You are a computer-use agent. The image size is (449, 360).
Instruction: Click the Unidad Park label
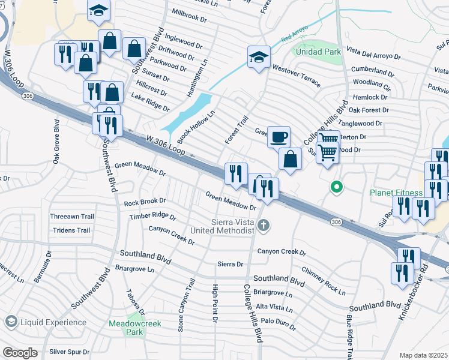click(x=316, y=52)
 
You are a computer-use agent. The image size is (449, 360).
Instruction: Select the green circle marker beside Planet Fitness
click(x=337, y=187)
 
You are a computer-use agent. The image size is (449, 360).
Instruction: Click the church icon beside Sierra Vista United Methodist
click(x=263, y=226)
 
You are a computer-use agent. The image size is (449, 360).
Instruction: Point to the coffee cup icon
click(x=279, y=137)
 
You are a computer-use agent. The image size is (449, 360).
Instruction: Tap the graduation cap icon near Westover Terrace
click(x=259, y=57)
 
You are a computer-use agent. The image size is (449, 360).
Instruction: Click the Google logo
click(x=20, y=353)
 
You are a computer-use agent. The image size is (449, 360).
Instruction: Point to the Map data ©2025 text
click(x=423, y=355)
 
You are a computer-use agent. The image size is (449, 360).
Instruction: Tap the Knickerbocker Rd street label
click(x=414, y=294)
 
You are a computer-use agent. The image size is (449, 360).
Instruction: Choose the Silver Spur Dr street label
click(x=69, y=352)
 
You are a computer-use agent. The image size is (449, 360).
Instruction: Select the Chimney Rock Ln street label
click(x=324, y=281)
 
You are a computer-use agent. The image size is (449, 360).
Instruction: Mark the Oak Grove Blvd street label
click(x=56, y=142)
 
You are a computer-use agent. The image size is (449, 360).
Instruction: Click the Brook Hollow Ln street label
click(x=196, y=123)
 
